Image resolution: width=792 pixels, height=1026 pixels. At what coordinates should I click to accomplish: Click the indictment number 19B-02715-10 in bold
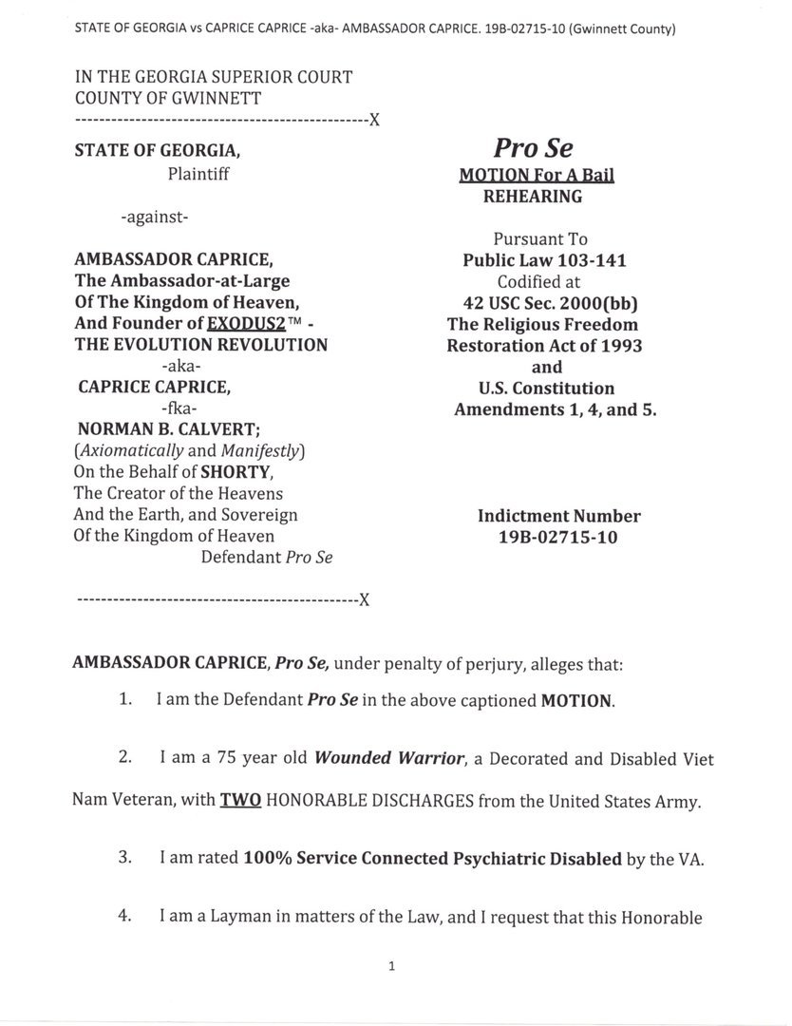pyautogui.click(x=558, y=537)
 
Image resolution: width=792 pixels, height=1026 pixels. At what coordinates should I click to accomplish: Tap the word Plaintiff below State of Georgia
pyautogui.click(x=198, y=174)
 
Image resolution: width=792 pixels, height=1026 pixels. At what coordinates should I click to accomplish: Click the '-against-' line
pyautogui.click(x=155, y=218)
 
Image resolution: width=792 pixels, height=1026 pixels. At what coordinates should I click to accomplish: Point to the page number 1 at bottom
pyautogui.click(x=391, y=967)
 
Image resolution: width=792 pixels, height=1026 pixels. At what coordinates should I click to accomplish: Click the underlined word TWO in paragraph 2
pyautogui.click(x=239, y=801)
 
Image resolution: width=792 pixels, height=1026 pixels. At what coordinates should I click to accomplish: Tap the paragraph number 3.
pyautogui.click(x=124, y=857)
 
